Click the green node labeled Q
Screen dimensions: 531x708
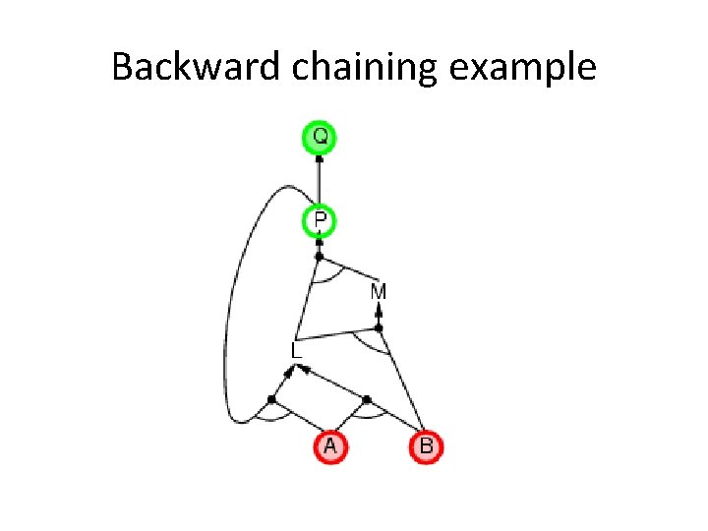(319, 136)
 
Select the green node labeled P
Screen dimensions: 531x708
(319, 220)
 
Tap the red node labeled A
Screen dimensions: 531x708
(329, 446)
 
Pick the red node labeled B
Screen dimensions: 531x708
(426, 446)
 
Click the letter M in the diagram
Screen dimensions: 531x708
(379, 292)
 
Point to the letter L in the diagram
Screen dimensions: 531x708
(296, 349)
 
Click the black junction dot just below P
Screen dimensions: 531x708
(319, 257)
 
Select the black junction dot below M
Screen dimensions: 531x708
(379, 326)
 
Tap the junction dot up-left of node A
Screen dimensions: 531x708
(271, 398)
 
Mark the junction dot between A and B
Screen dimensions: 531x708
(367, 399)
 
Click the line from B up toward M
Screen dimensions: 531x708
(402, 383)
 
